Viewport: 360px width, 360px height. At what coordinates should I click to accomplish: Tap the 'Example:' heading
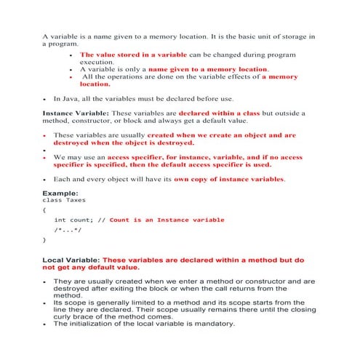point(61,192)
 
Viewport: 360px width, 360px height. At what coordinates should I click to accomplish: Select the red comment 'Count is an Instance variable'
point(167,220)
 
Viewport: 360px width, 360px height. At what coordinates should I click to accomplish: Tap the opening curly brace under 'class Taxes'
point(45,209)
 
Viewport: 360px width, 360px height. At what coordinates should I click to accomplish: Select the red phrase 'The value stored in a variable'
point(133,55)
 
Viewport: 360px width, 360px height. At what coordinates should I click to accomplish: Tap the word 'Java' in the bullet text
point(75,98)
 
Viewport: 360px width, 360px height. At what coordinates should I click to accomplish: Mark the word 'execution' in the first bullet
point(96,63)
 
